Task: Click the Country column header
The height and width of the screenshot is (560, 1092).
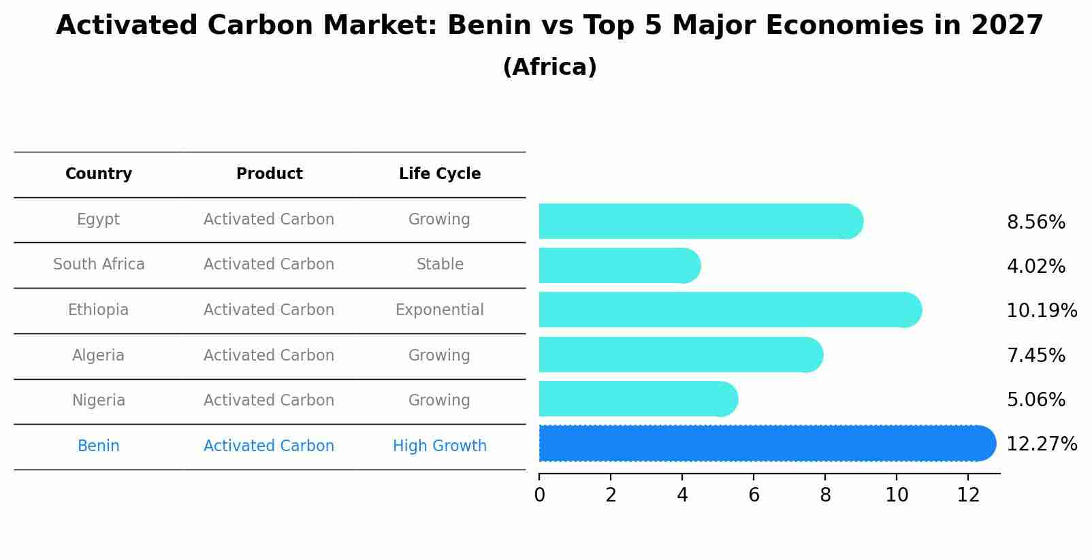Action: click(99, 174)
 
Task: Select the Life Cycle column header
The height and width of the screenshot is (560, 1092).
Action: click(440, 174)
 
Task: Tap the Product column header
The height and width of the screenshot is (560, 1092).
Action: click(269, 174)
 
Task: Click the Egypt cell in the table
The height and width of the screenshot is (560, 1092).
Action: click(98, 220)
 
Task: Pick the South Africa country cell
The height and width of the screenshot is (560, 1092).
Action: click(99, 265)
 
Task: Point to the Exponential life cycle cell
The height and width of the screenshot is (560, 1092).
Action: click(440, 310)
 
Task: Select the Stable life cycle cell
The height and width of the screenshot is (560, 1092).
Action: click(440, 265)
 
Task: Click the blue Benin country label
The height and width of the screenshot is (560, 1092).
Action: click(98, 446)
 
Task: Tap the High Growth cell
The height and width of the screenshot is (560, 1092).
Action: click(440, 446)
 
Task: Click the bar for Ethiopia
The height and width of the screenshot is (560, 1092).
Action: click(728, 310)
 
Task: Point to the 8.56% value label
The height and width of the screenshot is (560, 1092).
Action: click(1035, 223)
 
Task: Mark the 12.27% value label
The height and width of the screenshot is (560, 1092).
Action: click(1041, 444)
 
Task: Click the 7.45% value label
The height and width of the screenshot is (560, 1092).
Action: click(1035, 356)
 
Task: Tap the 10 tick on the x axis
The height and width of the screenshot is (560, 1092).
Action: click(897, 495)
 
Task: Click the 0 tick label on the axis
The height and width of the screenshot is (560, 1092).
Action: click(539, 495)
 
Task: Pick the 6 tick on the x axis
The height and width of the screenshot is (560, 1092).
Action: click(754, 495)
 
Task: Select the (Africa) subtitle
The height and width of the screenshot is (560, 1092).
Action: click(549, 67)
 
